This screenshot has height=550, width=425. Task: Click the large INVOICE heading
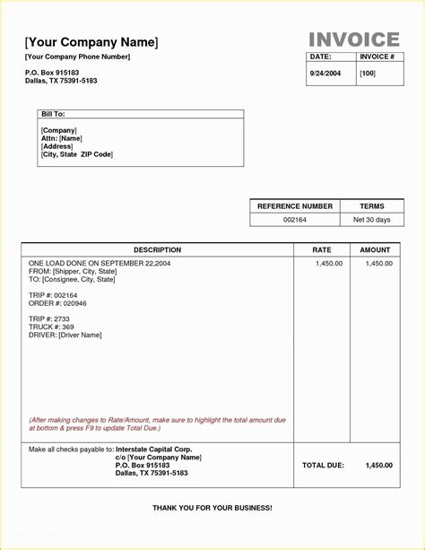click(x=354, y=39)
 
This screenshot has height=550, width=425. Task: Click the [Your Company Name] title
click(x=91, y=42)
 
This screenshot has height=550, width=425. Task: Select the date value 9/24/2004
click(x=325, y=73)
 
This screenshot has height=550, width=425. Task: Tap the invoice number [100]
click(x=368, y=73)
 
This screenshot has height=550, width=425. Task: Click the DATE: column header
click(x=320, y=57)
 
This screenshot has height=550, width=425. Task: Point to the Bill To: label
click(x=53, y=115)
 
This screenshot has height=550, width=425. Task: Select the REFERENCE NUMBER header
click(x=295, y=206)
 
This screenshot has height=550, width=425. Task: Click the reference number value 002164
click(x=294, y=220)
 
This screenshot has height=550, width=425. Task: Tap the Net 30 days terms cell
click(x=371, y=220)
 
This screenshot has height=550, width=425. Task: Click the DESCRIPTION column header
click(x=158, y=250)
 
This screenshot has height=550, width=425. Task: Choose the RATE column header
click(x=322, y=250)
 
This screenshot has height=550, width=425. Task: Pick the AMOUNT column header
click(x=376, y=250)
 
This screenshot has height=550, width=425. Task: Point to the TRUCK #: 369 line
click(x=51, y=327)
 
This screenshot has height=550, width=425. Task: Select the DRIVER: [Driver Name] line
click(x=65, y=336)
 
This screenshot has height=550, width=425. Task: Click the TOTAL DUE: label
click(x=323, y=466)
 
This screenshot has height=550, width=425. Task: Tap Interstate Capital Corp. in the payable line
click(x=154, y=449)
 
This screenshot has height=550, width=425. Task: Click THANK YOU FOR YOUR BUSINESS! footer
click(x=212, y=508)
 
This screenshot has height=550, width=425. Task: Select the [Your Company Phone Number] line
click(x=78, y=57)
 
